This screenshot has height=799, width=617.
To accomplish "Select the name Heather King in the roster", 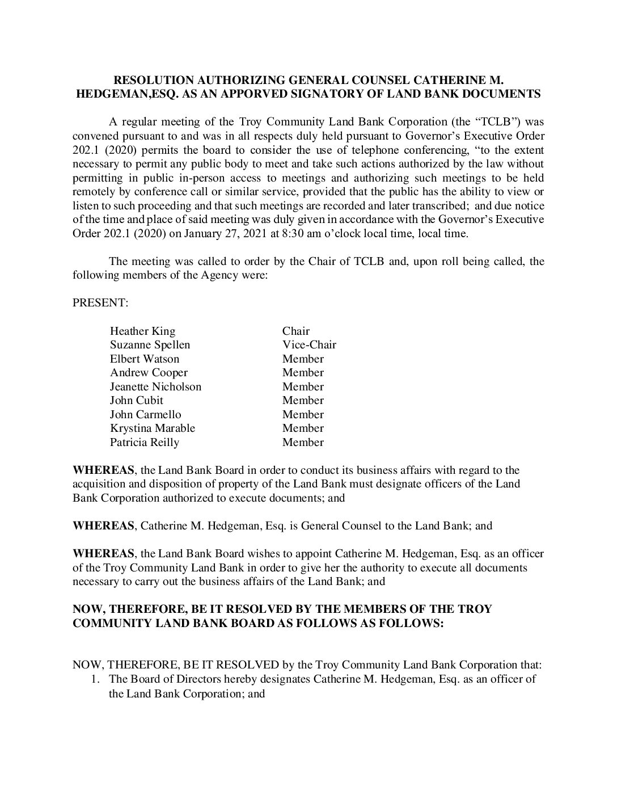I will [x=142, y=331].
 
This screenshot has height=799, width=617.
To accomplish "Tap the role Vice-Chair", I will [x=309, y=345].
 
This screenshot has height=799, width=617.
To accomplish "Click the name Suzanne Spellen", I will [x=150, y=345].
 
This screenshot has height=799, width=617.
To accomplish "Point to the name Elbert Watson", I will [x=144, y=359].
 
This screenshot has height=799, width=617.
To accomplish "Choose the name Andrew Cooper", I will [x=149, y=373].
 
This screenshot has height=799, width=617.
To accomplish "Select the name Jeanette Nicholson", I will [x=155, y=387].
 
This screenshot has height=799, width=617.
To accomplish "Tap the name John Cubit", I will [x=136, y=401].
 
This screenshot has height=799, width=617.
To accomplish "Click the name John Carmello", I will [x=145, y=415].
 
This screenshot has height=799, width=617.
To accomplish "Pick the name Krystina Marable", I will [x=152, y=428].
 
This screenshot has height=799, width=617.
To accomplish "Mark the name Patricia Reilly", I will [x=144, y=443].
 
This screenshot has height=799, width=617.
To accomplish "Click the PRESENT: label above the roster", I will [x=100, y=303].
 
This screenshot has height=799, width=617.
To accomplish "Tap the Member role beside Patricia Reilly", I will [x=303, y=443].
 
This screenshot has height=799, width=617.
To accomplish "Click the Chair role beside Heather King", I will [x=296, y=331].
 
